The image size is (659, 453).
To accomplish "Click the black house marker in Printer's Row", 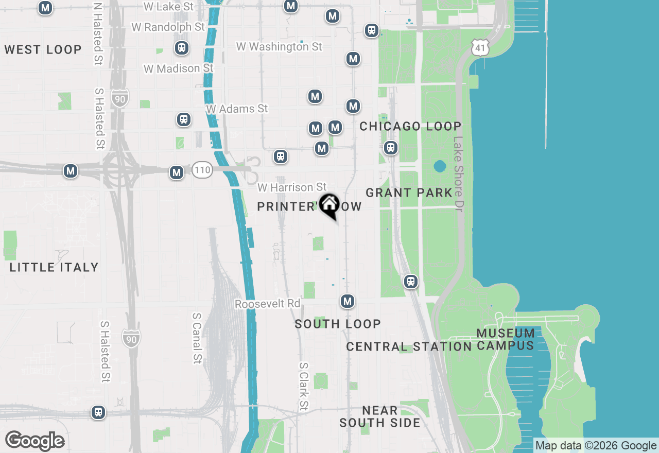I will (329, 205).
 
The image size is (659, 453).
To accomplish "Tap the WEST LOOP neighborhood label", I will (43, 49).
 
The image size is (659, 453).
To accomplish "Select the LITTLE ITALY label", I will (54, 267).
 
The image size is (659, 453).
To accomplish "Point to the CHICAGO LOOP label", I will (410, 126).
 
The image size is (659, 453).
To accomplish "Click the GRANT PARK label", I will (409, 193).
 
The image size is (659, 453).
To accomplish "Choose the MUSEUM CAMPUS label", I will (506, 339).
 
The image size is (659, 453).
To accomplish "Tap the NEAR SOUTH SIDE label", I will (380, 416).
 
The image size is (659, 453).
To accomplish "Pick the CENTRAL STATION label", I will (409, 346).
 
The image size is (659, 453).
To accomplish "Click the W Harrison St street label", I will (292, 187).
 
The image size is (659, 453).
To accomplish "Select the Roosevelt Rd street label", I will (267, 304).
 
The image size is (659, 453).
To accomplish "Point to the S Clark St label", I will (304, 387).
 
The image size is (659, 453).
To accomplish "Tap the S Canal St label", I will (197, 338).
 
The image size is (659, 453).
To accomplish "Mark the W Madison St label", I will (179, 68).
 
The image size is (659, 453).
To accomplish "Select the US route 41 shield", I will (479, 48).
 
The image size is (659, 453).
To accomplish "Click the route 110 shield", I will (202, 170).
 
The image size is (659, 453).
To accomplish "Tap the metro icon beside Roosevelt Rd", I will (348, 301).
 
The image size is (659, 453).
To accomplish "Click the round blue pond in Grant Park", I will (440, 166).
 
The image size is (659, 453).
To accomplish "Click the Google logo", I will (34, 441).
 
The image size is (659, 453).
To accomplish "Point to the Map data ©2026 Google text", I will (596, 446).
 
